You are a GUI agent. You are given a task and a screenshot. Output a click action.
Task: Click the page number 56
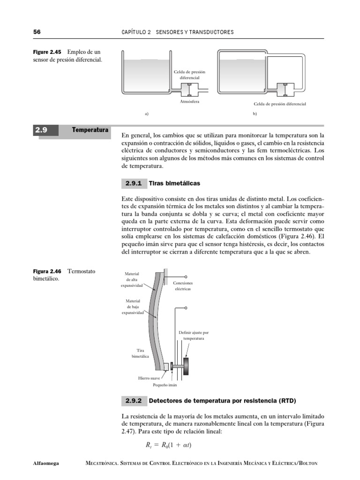click(x=37, y=32)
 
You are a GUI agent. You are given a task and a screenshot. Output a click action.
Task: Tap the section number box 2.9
click(x=45, y=131)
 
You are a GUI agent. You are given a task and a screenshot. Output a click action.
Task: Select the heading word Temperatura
click(x=90, y=129)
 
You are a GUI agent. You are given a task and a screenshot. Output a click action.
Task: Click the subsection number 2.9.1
click(x=134, y=183)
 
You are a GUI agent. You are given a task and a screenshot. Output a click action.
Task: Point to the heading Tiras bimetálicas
click(x=175, y=183)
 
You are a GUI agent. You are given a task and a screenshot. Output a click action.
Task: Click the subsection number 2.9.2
click(x=134, y=401)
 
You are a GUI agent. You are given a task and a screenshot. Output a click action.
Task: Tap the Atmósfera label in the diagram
click(x=190, y=101)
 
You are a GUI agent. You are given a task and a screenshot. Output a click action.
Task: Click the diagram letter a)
click(x=146, y=113)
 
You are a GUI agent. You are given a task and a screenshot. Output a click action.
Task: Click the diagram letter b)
click(x=255, y=113)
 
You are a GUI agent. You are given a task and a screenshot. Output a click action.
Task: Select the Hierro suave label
click(x=150, y=377)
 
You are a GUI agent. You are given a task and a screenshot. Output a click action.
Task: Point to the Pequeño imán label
click(x=165, y=385)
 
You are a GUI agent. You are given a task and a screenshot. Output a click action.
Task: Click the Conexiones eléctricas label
click(x=183, y=286)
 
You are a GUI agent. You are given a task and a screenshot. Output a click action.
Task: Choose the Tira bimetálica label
click(x=141, y=353)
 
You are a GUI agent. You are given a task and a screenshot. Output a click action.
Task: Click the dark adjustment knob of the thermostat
click(x=187, y=366)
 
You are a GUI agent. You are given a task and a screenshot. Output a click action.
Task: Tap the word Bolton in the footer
click(x=307, y=463)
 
